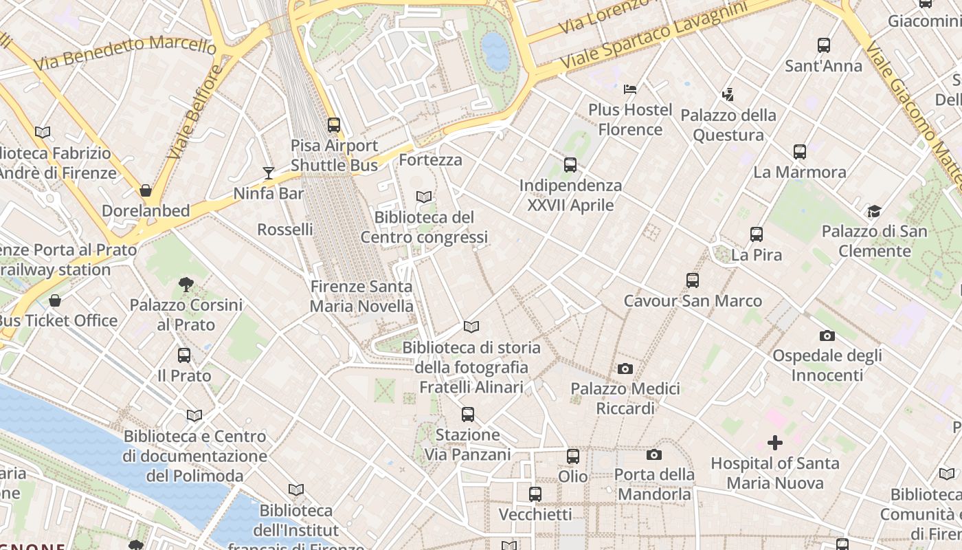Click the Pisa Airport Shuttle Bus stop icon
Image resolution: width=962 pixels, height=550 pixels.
tap(334, 125)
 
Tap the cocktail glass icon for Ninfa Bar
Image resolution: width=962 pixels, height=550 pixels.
tap(269, 173)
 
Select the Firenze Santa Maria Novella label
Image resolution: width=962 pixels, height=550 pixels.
tap(361, 296)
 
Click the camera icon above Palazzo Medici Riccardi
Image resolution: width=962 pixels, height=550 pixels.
tap(625, 368)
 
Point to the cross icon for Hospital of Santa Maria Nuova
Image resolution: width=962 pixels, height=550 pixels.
tap(775, 443)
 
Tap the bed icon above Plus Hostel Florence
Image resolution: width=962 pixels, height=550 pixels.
tap(630, 89)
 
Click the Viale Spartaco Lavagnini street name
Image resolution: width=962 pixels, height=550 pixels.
tap(653, 34)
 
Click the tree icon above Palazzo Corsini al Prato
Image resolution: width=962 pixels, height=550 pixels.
tap(186, 284)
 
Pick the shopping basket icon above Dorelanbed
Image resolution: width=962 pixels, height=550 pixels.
tap(146, 190)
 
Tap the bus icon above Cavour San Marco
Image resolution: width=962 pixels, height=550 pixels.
tap(693, 280)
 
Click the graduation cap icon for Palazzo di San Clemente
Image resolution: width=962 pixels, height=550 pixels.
tap(874, 211)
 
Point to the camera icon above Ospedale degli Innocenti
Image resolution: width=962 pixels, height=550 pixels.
tap(827, 335)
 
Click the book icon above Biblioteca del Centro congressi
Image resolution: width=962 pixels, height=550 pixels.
tap(424, 197)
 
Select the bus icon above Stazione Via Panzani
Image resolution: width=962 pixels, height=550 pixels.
tap(468, 415)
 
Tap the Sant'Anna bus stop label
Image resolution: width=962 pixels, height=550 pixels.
tap(823, 66)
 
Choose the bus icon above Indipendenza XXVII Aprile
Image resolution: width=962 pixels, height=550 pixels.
tap(570, 165)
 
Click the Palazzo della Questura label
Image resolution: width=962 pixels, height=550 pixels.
tap(728, 125)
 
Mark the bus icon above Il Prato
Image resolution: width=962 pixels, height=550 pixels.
tap(184, 355)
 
